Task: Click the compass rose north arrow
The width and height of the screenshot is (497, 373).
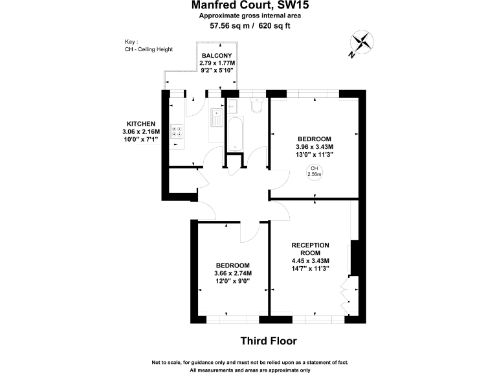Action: (362, 43)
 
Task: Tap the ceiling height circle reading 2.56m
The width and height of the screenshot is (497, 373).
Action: (315, 172)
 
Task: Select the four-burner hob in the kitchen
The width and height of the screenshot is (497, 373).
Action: (177, 131)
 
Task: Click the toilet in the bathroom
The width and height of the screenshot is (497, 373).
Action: (256, 105)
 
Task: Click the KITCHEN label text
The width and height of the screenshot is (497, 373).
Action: (140, 124)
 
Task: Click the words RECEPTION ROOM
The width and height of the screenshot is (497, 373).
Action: (311, 249)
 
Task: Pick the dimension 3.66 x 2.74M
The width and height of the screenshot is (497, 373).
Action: (233, 273)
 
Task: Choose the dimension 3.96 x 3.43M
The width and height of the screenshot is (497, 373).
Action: (315, 147)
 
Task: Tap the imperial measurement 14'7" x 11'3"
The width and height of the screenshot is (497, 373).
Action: (311, 268)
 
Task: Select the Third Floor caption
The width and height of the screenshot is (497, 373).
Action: (268, 341)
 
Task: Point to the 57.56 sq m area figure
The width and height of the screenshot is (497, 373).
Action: (230, 27)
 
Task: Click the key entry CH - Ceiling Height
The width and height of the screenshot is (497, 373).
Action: (149, 50)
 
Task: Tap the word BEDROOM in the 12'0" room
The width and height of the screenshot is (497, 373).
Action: (233, 266)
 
